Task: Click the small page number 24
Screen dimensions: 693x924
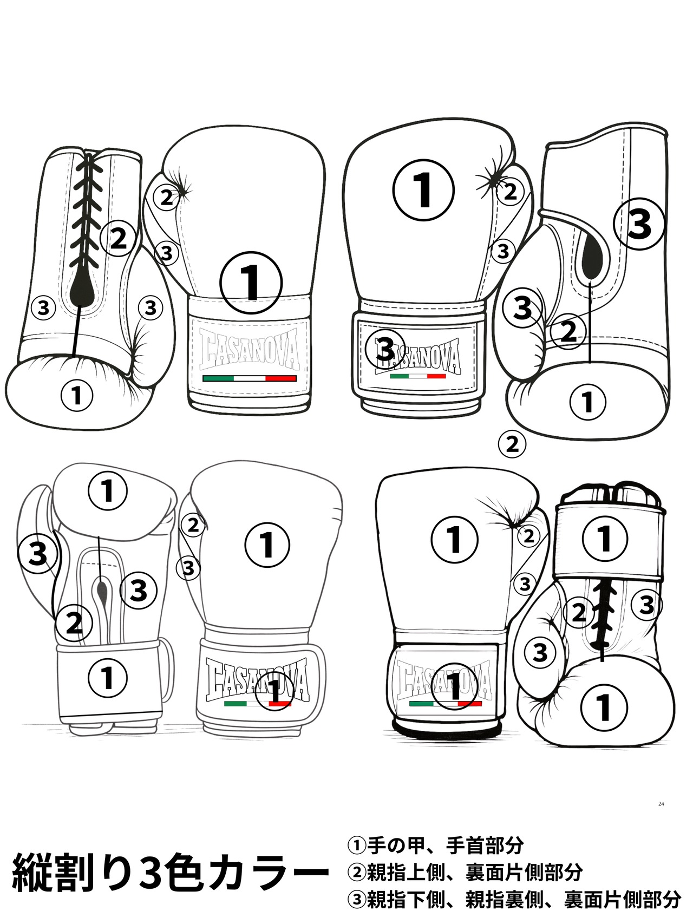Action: point(661,804)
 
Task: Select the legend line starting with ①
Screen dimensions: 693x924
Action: point(435,845)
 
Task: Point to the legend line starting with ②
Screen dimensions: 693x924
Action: point(465,872)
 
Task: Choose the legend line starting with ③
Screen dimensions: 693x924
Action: point(513,900)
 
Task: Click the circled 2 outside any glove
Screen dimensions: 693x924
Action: point(512,444)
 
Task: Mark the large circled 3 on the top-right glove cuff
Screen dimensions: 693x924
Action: point(639,224)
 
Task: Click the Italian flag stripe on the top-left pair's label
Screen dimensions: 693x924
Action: point(249,378)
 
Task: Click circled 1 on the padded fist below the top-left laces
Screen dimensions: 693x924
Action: point(77,396)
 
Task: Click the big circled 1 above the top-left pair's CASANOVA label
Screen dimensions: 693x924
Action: point(251,282)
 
